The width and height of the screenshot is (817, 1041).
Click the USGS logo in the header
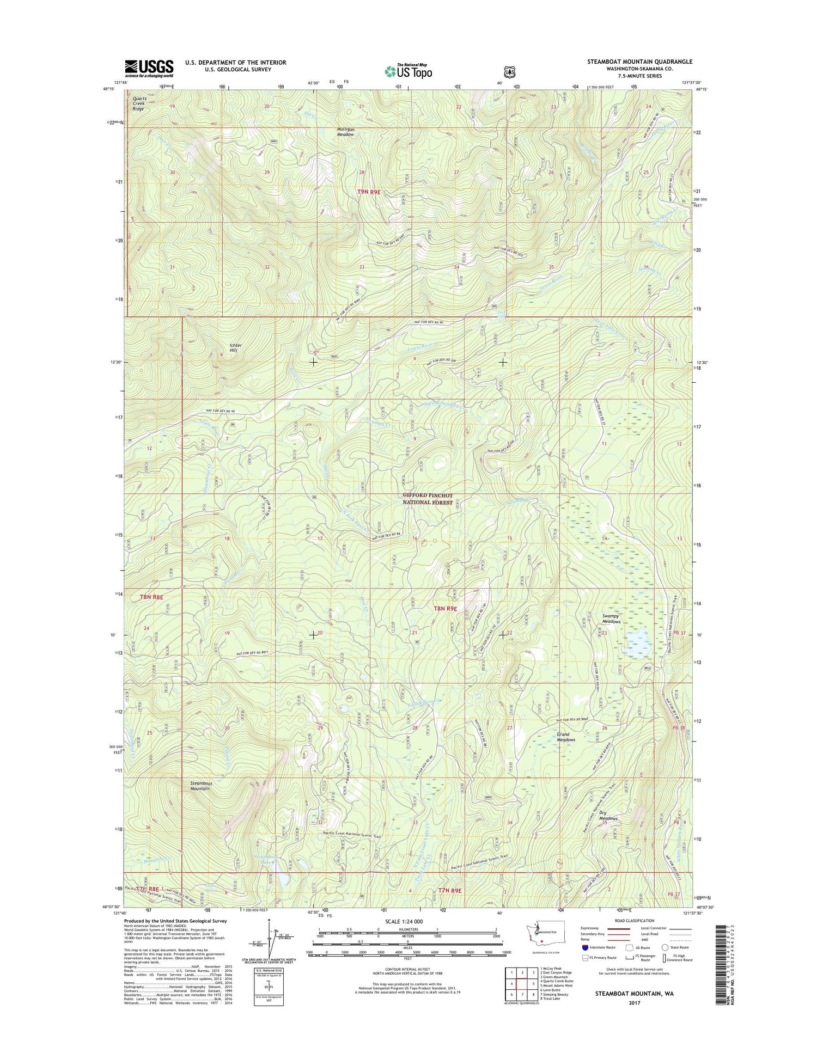click(x=149, y=68)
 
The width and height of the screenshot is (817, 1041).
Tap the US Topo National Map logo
click(x=408, y=71)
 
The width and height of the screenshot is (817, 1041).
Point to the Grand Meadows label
click(x=566, y=737)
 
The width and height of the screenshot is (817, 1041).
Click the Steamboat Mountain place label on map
click(x=200, y=786)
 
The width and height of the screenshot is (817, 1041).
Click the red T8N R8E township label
click(x=152, y=597)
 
